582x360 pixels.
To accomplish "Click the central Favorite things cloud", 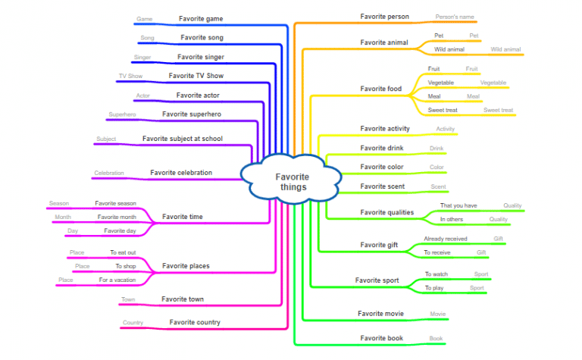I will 292,181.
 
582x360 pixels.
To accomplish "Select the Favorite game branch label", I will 200,18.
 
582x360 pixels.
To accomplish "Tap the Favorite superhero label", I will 191,114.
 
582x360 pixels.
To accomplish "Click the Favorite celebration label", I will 181,173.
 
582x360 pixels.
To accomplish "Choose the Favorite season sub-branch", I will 115,203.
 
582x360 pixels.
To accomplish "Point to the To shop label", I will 125,266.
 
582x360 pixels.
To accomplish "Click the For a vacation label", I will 117,280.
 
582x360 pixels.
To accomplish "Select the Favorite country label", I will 195,322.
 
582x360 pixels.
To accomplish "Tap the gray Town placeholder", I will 128,300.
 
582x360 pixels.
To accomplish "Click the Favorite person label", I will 384,17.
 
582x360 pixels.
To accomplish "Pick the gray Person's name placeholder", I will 454,16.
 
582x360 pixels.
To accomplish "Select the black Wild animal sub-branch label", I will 449,49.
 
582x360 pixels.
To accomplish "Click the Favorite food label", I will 380,89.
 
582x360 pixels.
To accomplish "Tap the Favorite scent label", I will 382,186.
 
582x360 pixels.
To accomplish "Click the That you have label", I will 458,205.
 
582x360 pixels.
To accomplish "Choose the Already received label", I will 445,239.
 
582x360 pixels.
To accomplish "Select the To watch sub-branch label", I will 436,274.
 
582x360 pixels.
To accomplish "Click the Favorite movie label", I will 380,313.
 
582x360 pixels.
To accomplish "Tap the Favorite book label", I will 381,338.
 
